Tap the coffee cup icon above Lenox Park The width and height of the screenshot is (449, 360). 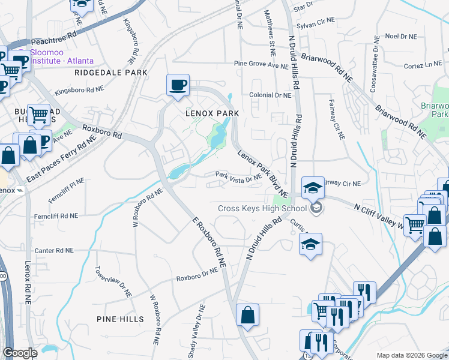(x=178, y=85)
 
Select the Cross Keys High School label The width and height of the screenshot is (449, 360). (x=262, y=209)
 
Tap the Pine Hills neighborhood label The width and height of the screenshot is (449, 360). (x=119, y=319)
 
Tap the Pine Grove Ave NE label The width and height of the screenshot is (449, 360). (x=261, y=64)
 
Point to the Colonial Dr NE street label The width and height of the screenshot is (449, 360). (x=270, y=95)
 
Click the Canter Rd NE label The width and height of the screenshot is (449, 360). (x=54, y=250)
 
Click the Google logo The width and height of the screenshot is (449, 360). (x=20, y=353)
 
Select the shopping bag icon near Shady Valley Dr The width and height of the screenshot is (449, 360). (x=247, y=316)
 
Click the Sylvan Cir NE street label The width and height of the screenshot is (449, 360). (x=315, y=21)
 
